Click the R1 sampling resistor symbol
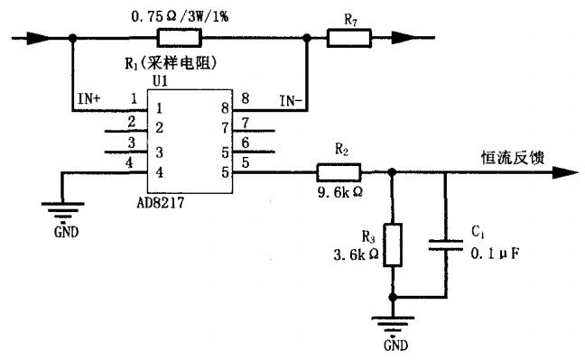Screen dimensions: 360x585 click(179, 38)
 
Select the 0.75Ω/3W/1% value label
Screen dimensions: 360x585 click(179, 15)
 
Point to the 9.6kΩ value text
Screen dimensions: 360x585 click(339, 192)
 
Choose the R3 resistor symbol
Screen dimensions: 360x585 click(391, 244)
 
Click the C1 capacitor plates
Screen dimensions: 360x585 click(446, 244)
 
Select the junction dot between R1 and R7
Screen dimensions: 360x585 click(307, 38)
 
